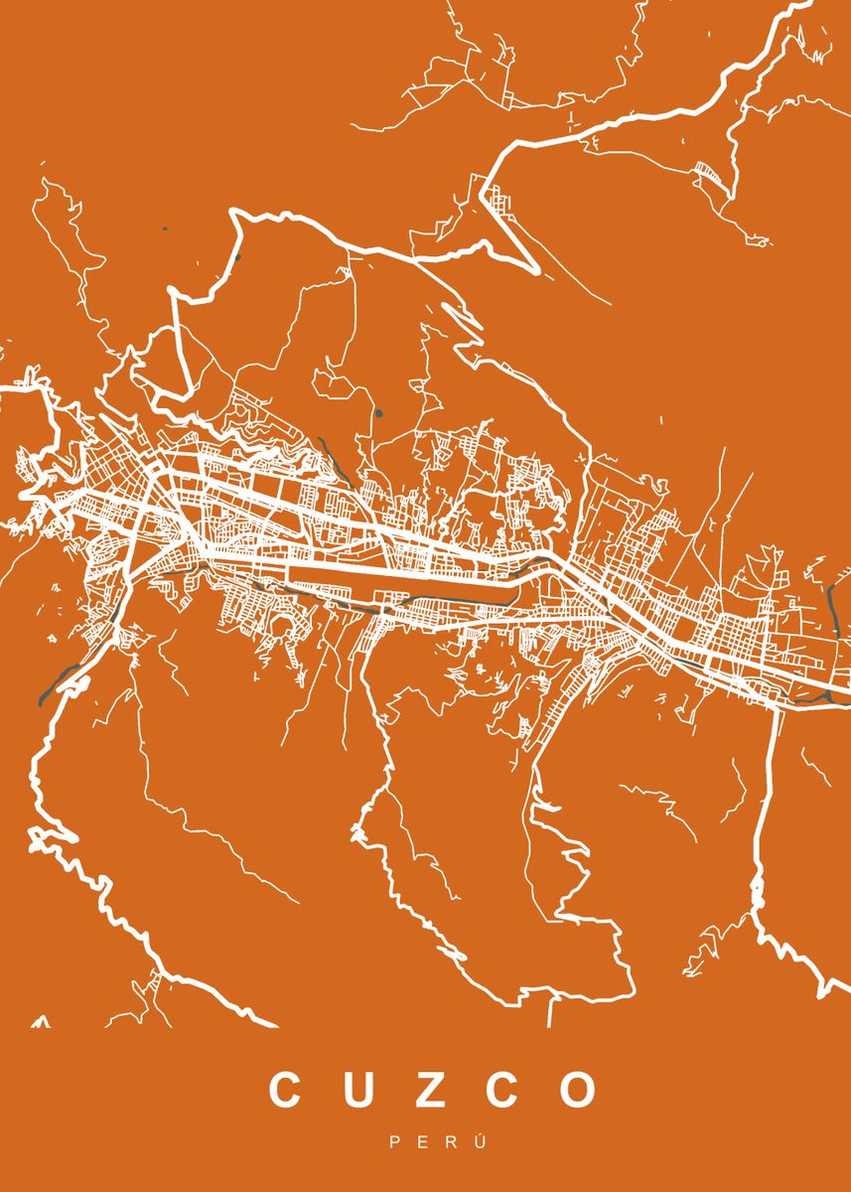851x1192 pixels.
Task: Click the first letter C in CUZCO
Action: [x=285, y=1090]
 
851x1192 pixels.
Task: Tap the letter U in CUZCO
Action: [x=355, y=1090]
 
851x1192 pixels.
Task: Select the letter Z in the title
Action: [x=427, y=1090]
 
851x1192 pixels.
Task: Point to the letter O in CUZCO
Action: [x=577, y=1090]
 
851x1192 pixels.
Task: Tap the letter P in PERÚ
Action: [x=395, y=1144]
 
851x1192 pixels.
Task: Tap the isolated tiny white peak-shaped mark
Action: [x=41, y=1020]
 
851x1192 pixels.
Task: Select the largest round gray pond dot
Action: [x=378, y=412]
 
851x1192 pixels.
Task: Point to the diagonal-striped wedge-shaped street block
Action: [x=707, y=171]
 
